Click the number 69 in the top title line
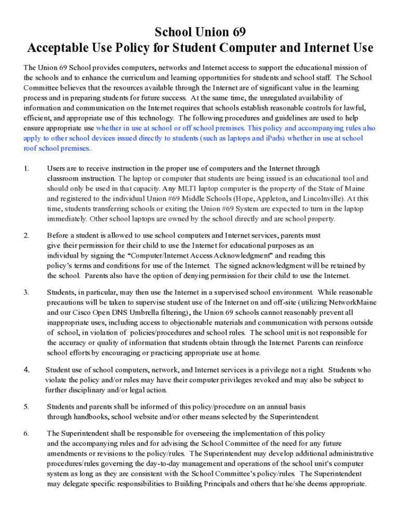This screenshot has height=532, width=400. pos(236,32)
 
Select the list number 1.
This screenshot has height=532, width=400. pos(26,168)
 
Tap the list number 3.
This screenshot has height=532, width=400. pos(26,292)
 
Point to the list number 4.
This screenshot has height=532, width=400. pos(26,370)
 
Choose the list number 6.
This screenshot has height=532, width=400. pos(26,433)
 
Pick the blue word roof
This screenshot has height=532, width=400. pos(31,148)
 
